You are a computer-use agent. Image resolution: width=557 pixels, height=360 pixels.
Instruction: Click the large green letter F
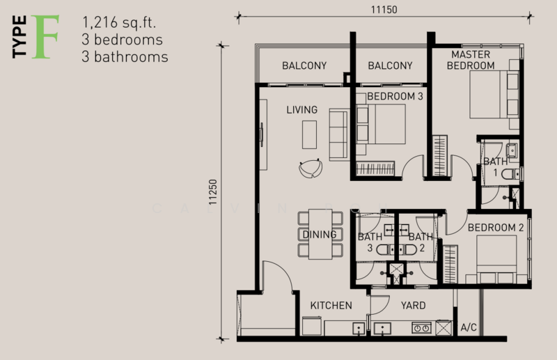point(45,37)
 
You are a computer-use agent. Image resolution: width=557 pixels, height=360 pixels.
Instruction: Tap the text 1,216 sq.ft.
point(119,22)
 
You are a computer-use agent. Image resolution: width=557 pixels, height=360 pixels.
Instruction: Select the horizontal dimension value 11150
point(384,10)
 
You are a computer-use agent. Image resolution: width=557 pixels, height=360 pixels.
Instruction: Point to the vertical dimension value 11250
point(212,192)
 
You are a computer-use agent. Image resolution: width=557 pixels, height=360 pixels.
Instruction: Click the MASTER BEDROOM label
point(471,60)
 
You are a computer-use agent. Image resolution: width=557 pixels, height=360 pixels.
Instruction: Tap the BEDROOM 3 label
point(395,96)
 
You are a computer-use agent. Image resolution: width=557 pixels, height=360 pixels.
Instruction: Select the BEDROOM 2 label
point(496,228)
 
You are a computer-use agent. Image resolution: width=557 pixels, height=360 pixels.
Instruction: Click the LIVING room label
point(302,110)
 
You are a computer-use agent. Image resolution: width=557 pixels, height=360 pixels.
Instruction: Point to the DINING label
point(320,235)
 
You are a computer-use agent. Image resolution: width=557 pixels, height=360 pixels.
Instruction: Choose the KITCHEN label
point(331,306)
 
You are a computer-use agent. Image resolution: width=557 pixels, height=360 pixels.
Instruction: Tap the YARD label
point(413,306)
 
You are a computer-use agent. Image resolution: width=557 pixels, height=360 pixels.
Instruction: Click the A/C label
point(469,327)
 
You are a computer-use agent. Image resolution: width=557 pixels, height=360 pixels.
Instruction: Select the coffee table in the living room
point(309,134)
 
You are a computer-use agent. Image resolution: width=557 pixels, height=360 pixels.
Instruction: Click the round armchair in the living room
point(311,168)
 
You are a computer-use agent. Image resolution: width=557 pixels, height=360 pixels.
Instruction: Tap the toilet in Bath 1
point(511,174)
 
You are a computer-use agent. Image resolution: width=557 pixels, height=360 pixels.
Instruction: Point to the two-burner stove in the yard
point(422,328)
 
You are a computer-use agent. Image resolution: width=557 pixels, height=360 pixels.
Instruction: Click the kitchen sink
point(359,329)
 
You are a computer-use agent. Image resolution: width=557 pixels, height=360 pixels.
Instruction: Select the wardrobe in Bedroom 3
point(375,169)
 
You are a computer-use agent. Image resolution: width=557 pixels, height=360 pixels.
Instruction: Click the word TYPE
point(19,37)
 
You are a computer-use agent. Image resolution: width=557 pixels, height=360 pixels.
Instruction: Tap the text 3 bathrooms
point(125,57)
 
